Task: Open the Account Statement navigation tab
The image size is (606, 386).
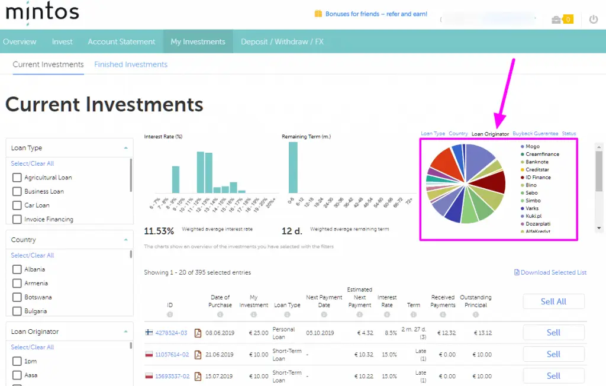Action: point(121,41)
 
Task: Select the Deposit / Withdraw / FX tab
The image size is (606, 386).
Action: point(282,41)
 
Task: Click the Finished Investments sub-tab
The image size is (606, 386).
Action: point(131,65)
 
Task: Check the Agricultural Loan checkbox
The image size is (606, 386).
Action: point(17,178)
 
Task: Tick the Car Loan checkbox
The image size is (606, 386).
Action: point(17,205)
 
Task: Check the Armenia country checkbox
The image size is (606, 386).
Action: point(17,284)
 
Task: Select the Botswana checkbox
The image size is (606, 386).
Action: point(17,297)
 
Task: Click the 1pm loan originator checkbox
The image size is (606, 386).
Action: point(17,362)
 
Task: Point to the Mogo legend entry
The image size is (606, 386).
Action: point(532,146)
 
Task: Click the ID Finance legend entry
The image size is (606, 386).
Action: point(537,177)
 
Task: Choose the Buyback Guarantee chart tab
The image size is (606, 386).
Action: point(535,134)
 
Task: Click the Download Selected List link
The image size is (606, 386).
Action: point(550,272)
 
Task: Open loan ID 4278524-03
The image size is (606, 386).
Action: point(171,333)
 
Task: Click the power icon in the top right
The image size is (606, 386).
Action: point(594,20)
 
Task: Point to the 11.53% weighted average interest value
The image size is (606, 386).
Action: point(159,231)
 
